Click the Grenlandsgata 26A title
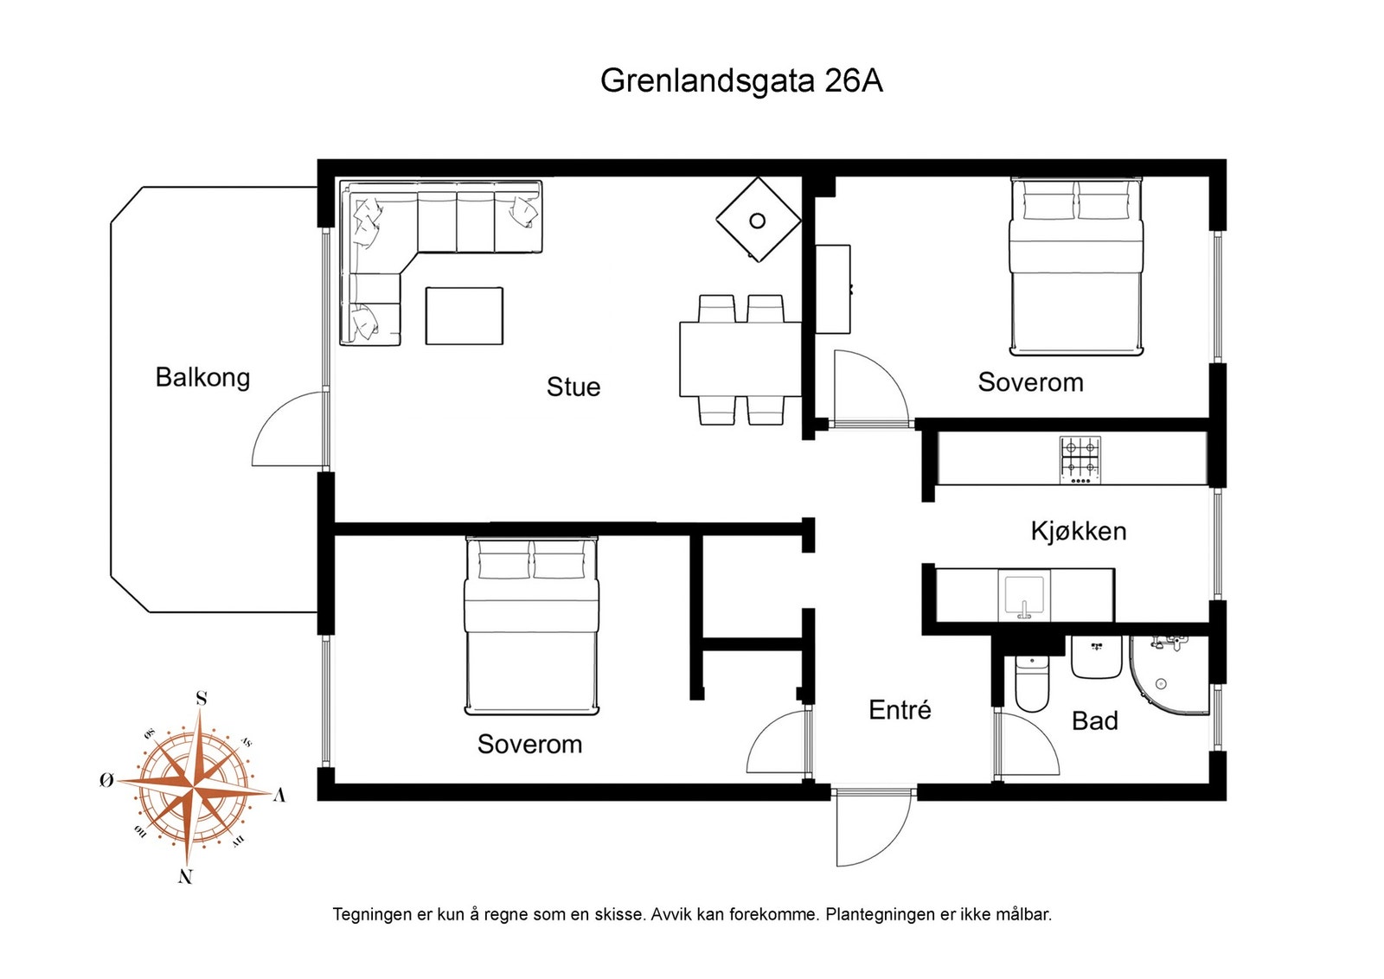coord(741,80)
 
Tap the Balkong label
coord(202,377)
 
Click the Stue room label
coord(573,387)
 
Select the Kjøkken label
coord(1078,530)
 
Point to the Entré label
coord(900,710)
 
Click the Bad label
coord(1094,720)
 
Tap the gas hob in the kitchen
coord(1080,458)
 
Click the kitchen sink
coord(1024,595)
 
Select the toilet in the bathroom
coord(1031,685)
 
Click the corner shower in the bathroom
coord(1172,675)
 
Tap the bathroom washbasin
coord(1096,657)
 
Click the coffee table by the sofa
coord(464,316)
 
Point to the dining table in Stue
coord(740,359)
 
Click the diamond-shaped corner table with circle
coord(758,220)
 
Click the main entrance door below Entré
coord(874,826)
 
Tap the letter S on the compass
coord(202,698)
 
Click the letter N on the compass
coord(185,876)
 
